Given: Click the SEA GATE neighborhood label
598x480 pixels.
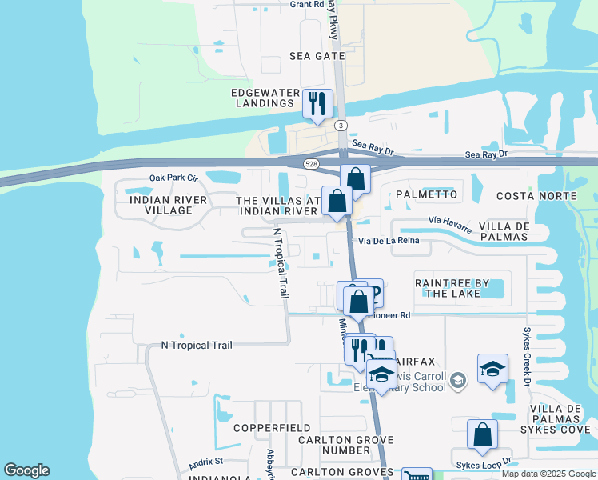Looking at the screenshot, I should click(x=317, y=56).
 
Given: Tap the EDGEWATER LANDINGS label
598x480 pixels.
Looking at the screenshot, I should click(x=264, y=98).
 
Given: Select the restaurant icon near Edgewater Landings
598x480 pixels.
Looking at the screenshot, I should click(x=317, y=103).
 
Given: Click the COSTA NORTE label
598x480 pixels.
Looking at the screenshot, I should click(x=536, y=196).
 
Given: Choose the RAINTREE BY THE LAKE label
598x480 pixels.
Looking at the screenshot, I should click(x=448, y=288).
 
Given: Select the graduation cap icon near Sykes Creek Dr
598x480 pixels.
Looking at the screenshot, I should click(x=492, y=369).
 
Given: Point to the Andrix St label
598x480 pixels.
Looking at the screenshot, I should click(x=205, y=463).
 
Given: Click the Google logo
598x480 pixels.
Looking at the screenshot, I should click(x=26, y=470).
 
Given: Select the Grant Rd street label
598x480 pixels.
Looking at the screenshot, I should click(x=307, y=4).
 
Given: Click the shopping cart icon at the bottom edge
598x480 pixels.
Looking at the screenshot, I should click(x=416, y=475).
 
